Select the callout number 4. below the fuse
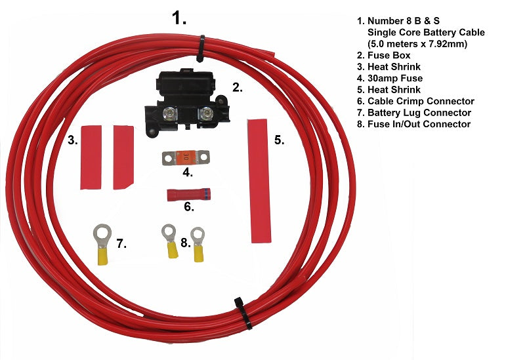coord(187,173)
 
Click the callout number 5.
coord(278,140)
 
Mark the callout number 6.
coord(188,207)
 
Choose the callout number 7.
coord(121,244)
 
